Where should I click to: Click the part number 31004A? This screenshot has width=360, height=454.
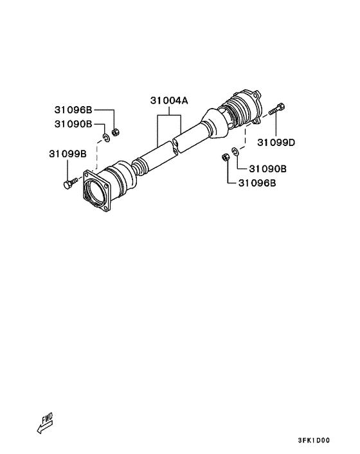tap(169, 101)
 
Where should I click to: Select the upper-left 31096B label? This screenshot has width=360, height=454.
tap(73, 110)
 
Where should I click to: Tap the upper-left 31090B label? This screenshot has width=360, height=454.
tap(73, 124)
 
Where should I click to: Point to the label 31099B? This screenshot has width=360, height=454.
tap(67, 154)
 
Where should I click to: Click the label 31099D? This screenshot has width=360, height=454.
tap(276, 143)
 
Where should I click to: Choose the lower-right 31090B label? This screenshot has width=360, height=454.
tap(267, 168)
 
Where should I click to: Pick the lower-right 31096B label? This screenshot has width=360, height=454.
tap(257, 183)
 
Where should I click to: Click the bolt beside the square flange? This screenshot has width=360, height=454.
tap(69, 183)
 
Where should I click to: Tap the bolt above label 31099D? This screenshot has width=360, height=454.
tap(276, 109)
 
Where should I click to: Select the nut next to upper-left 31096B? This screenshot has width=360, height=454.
tap(116, 132)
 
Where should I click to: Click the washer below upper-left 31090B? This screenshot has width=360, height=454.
tap(106, 138)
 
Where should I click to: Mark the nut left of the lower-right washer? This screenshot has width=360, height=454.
tap(225, 158)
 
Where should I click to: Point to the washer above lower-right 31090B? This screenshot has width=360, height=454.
tap(235, 151)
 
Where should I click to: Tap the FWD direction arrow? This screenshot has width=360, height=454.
tap(45, 423)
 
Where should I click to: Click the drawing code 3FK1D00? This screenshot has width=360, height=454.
tap(314, 440)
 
